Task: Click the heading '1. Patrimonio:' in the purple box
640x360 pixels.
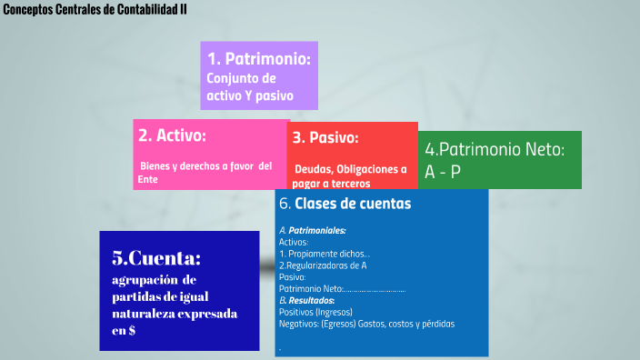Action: pos(259,60)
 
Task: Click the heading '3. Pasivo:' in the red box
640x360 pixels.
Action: pos(325,138)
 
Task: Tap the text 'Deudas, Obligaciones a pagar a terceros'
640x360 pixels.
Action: pos(349,175)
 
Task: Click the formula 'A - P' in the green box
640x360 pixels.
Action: pos(443,172)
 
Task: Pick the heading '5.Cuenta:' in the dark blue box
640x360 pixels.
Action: pos(156,257)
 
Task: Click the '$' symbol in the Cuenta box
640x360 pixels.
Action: pos(133,331)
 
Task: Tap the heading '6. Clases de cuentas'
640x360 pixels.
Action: pos(345,204)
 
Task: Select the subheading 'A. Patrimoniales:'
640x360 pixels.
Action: pos(312,231)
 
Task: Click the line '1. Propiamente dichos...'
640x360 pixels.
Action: pos(324,254)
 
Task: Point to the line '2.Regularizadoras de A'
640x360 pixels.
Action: pos(323,265)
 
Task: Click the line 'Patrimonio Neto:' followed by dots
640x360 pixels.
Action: pos(342,289)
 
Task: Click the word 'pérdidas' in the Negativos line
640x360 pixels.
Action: pos(436,324)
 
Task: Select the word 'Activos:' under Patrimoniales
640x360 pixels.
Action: pos(294,243)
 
